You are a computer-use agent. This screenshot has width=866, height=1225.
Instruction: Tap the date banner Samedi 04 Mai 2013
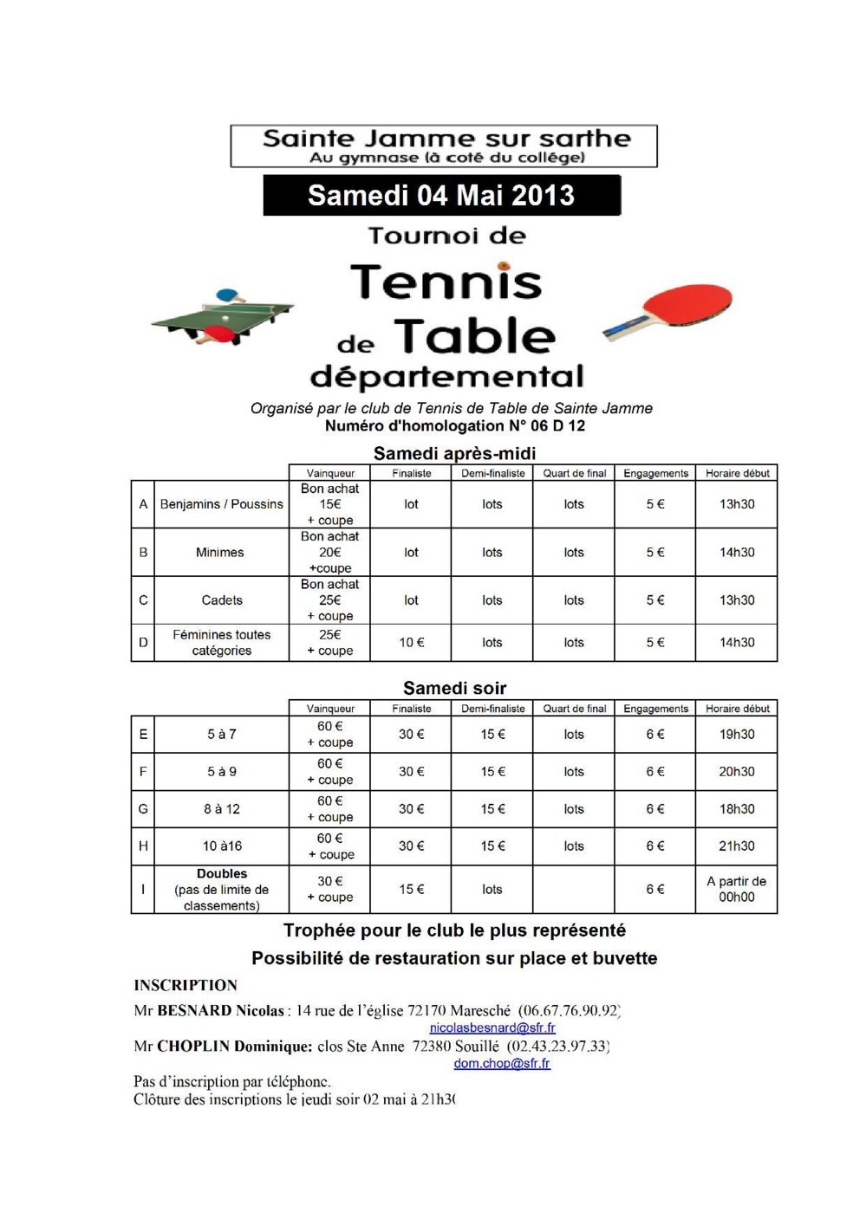tap(441, 196)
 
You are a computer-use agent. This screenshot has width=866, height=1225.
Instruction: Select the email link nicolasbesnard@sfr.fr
tap(492, 1027)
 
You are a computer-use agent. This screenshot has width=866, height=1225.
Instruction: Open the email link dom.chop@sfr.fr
tap(502, 1063)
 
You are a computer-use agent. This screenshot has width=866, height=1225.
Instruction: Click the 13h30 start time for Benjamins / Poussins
tap(737, 504)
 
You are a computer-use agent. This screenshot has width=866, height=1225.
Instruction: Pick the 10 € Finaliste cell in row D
tap(411, 643)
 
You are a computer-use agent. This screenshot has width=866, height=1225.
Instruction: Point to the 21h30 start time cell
tap(737, 846)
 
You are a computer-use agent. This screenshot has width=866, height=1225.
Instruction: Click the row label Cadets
tap(222, 600)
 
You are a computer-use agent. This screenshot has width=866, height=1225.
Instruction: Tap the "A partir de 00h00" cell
tap(737, 889)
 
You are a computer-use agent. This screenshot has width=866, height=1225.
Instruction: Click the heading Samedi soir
tap(454, 688)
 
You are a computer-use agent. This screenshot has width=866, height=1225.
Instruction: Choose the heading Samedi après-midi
tap(454, 453)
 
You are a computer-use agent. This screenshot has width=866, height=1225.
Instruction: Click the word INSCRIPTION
tap(186, 985)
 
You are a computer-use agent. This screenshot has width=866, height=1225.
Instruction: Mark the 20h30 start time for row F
tap(737, 772)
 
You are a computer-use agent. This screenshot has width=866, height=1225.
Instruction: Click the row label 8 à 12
tap(222, 809)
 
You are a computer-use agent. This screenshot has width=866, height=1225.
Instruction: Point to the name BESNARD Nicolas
tap(220, 1010)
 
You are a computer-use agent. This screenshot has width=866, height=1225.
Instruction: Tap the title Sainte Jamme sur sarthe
tap(446, 139)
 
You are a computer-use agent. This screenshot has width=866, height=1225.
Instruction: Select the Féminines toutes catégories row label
tap(222, 643)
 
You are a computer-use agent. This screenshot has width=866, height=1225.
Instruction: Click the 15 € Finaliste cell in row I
tap(411, 889)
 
